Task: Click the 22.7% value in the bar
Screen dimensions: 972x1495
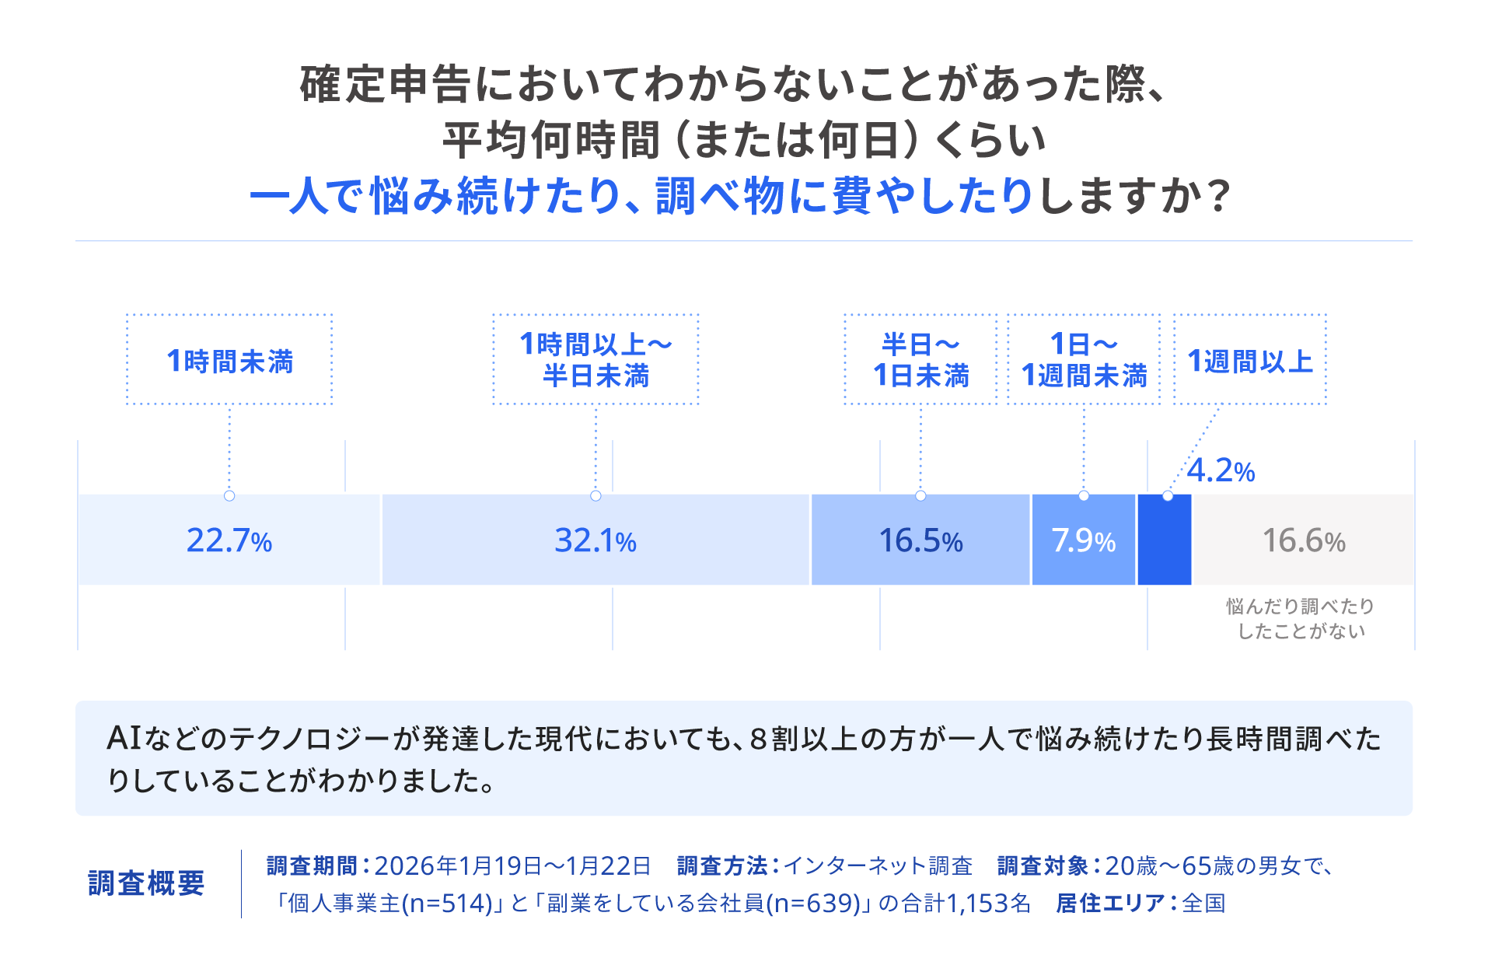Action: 229,540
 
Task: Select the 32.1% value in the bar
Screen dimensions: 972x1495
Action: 596,540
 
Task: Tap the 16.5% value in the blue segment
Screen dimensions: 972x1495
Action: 920,540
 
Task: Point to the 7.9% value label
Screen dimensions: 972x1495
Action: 1083,540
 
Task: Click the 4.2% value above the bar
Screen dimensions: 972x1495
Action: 1221,470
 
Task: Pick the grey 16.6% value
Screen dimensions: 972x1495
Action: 1304,540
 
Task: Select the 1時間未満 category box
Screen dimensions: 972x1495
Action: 229,360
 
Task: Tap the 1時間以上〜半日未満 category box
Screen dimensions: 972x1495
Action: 596,360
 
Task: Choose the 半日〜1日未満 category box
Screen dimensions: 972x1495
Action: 920,360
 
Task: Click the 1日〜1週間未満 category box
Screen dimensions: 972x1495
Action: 1084,360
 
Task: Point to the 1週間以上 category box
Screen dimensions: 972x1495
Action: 1249,360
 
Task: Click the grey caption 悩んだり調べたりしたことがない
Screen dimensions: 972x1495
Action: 1301,619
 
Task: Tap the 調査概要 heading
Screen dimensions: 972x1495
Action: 146,883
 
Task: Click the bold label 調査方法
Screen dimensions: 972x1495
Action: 721,865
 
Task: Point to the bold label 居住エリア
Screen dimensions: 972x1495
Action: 1109,903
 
